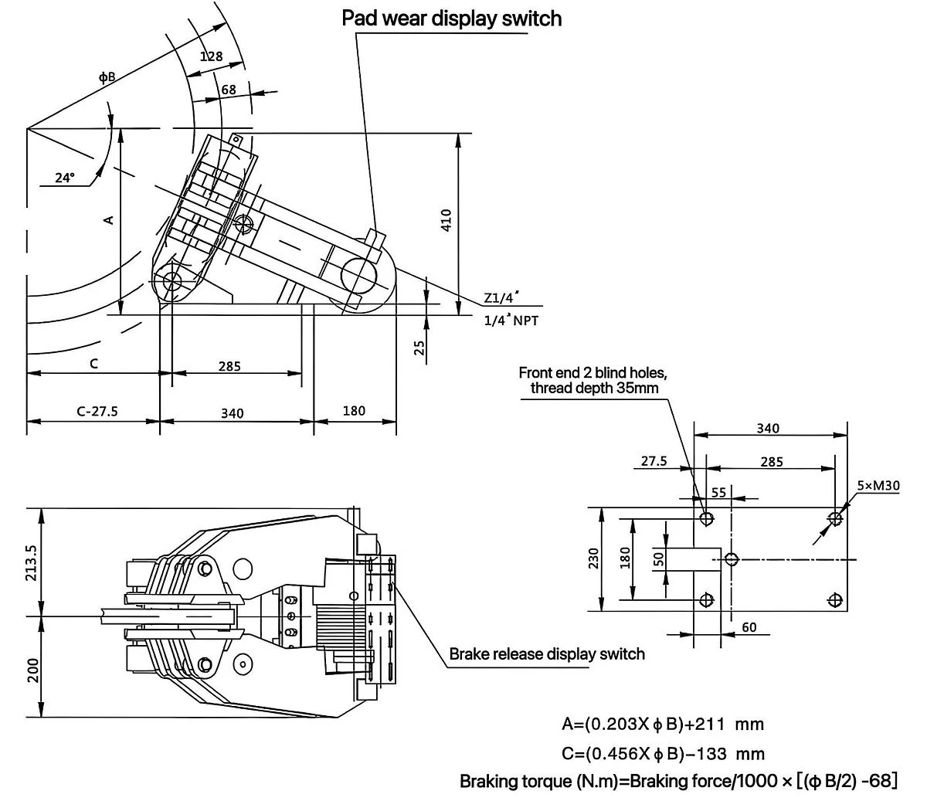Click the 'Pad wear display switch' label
tap(452, 19)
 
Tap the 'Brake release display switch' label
tap(547, 654)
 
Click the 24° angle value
tap(65, 178)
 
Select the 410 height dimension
tap(447, 220)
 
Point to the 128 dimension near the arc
tap(211, 56)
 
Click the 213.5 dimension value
tap(32, 563)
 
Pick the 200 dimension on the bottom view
tap(33, 670)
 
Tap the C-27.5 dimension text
tap(97, 411)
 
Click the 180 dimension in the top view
tap(354, 411)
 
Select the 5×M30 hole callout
tap(878, 485)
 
